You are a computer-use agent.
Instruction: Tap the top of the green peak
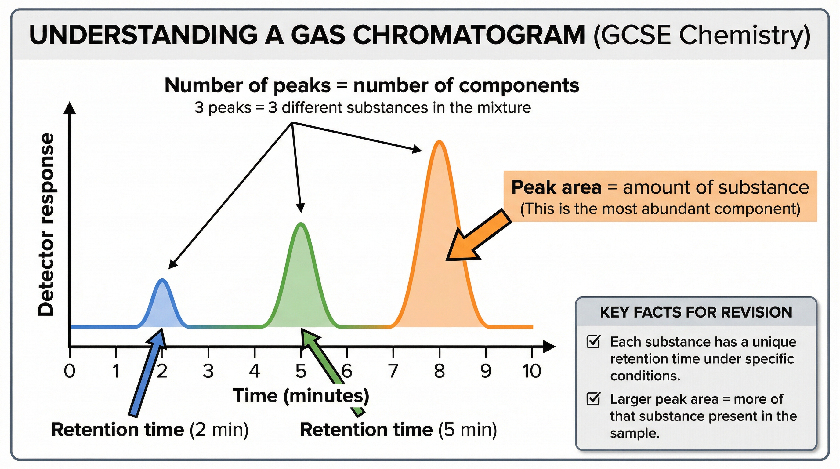(x=301, y=224)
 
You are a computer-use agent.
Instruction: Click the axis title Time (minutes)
(x=301, y=396)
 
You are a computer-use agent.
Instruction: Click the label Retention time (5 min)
(x=398, y=430)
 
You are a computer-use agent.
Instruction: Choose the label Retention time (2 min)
(x=150, y=430)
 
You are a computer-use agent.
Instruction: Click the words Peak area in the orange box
(x=556, y=187)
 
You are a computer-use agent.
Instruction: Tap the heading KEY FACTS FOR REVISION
(x=696, y=312)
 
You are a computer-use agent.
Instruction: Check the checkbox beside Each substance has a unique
(x=593, y=342)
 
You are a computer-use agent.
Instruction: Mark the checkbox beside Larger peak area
(x=593, y=399)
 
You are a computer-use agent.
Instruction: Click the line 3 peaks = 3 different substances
(x=363, y=107)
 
